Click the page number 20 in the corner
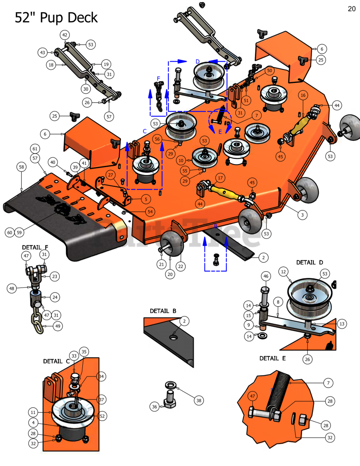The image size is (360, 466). [352, 9]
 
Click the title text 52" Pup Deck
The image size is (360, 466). [56, 17]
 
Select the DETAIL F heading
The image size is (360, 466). [35, 247]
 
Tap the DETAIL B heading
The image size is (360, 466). [163, 311]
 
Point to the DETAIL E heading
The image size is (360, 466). [273, 358]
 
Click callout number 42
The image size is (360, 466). [65, 35]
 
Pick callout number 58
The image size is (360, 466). [21, 167]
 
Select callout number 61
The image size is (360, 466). [35, 149]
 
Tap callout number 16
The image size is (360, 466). [303, 95]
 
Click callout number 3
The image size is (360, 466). [302, 215]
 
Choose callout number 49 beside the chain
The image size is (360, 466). [58, 326]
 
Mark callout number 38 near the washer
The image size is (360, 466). [199, 400]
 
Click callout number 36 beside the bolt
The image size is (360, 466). [155, 407]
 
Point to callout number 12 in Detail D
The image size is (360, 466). [284, 272]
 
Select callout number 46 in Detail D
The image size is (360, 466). [266, 276]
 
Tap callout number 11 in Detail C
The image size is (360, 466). [33, 412]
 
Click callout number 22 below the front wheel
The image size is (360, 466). [181, 266]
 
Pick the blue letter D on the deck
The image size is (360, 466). [198, 62]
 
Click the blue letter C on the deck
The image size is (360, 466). [145, 131]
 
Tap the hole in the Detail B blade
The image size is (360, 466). [173, 337]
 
